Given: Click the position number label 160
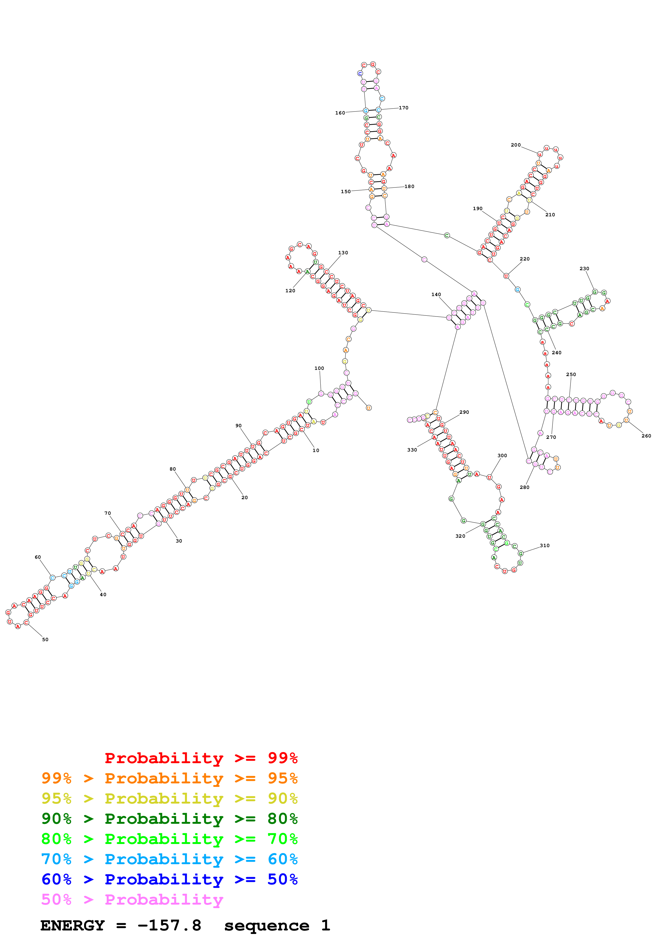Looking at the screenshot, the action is pyautogui.click(x=340, y=113).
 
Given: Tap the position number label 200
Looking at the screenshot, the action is pyautogui.click(x=516, y=145).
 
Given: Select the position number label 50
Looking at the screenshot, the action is pyautogui.click(x=45, y=639).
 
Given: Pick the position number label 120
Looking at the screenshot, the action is pyautogui.click(x=290, y=291).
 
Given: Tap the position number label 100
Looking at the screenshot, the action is pyautogui.click(x=319, y=368).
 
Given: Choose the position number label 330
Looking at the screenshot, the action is pyautogui.click(x=412, y=450).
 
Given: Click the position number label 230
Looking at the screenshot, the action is pyautogui.click(x=584, y=268).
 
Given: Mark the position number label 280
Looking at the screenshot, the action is pyautogui.click(x=524, y=487).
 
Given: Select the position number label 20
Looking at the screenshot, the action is pyautogui.click(x=244, y=498).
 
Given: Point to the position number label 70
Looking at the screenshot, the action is pyautogui.click(x=108, y=513).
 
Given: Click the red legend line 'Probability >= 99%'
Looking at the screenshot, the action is pyautogui.click(x=201, y=758).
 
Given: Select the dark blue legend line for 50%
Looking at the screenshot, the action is pyautogui.click(x=169, y=879).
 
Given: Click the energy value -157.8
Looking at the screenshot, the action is pyautogui.click(x=169, y=925).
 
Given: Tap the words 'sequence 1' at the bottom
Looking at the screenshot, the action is pyautogui.click(x=276, y=925).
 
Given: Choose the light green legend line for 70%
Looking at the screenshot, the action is pyautogui.click(x=169, y=839).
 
